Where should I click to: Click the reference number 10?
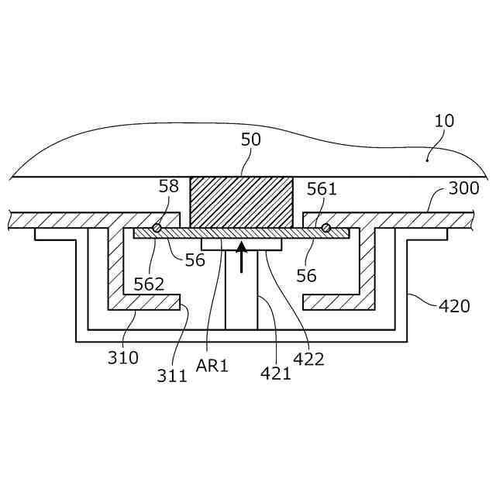click(x=445, y=121)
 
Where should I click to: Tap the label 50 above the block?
click(x=251, y=139)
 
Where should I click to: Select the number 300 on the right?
click(x=463, y=188)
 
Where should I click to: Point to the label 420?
click(x=454, y=305)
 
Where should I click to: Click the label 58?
click(x=168, y=186)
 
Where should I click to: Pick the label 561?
click(x=322, y=188)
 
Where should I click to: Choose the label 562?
click(x=149, y=284)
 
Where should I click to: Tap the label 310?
click(x=123, y=357)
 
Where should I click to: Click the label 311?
click(x=172, y=376)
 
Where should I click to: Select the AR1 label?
click(x=212, y=366)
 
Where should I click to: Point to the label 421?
click(x=276, y=373)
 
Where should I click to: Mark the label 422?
click(x=308, y=358)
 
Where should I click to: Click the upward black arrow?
click(x=242, y=257)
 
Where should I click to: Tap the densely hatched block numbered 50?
click(x=242, y=202)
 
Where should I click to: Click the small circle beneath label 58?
click(x=157, y=228)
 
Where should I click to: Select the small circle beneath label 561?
click(x=326, y=228)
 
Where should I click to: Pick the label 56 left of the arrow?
click(x=195, y=260)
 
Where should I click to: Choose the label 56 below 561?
click(x=307, y=275)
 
